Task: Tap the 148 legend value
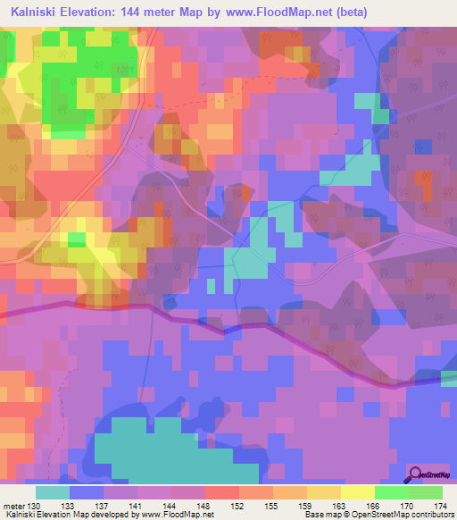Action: tap(204, 506)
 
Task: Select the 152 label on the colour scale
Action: tap(238, 506)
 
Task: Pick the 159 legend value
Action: tap(306, 506)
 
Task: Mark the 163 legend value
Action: tap(339, 506)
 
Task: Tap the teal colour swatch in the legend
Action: tap(52, 492)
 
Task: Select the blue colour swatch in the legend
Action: tap(86, 492)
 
